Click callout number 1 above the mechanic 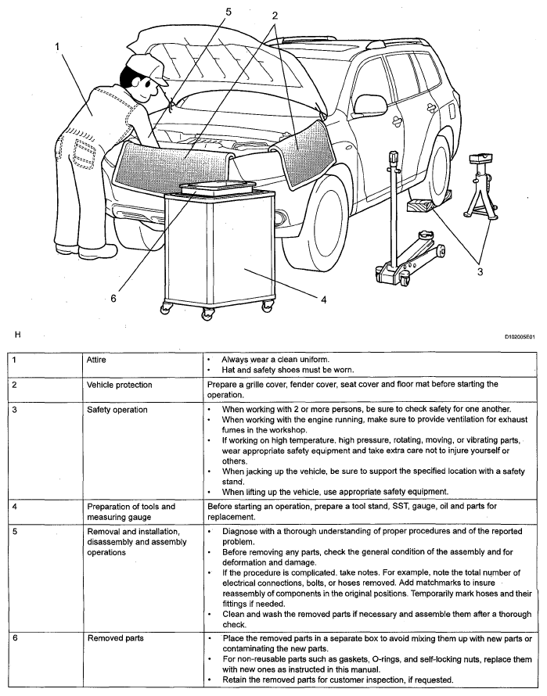[x=56, y=46]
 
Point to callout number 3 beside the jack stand [x=480, y=271]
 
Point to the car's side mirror [x=367, y=104]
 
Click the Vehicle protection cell [x=119, y=386]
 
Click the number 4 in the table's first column [x=14, y=507]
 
